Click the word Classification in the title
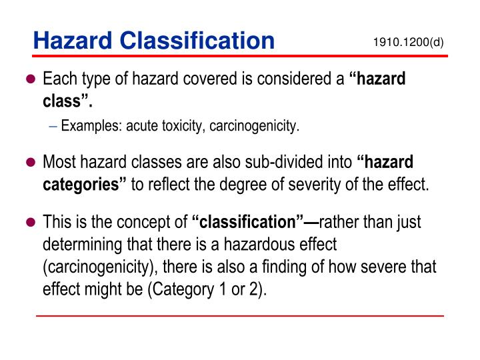pyautogui.click(x=198, y=41)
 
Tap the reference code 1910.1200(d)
pyautogui.click(x=408, y=43)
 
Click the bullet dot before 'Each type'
pyautogui.click(x=29, y=80)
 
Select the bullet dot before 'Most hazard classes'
pyautogui.click(x=29, y=163)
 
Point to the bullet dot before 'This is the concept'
pyautogui.click(x=29, y=222)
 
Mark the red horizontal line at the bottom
pyautogui.click(x=239, y=315)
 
